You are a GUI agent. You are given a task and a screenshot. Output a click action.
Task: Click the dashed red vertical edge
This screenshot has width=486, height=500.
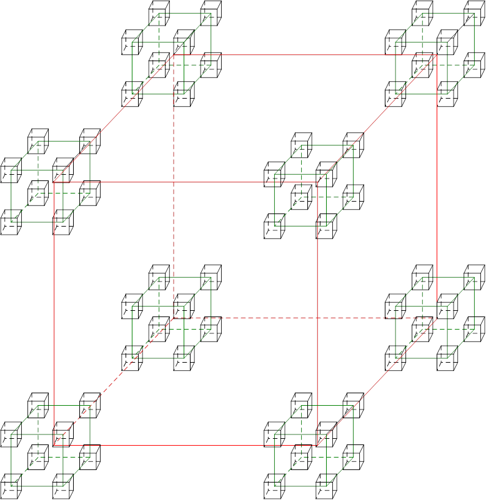pyautogui.click(x=174, y=187)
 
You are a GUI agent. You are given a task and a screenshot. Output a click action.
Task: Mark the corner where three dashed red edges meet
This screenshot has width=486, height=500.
pyautogui.click(x=174, y=318)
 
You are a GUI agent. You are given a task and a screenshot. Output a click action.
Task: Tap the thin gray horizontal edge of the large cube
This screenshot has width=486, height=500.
pyautogui.click(x=187, y=445)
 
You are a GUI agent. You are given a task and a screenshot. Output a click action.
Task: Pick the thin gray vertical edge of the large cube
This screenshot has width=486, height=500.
pyautogui.click(x=437, y=187)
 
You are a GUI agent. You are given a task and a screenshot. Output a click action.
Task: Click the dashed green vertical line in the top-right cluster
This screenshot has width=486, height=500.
pyautogui.click(x=423, y=37)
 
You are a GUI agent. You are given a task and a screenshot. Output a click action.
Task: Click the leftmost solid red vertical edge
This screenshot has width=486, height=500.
pyautogui.click(x=54, y=312)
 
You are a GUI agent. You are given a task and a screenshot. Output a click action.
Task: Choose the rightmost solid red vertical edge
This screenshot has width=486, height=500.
pyautogui.click(x=317, y=312)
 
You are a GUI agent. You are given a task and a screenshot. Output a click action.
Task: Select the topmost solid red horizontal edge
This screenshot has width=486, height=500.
pyautogui.click(x=306, y=55)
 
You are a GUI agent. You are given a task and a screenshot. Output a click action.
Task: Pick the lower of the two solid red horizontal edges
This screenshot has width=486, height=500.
pyautogui.click(x=187, y=182)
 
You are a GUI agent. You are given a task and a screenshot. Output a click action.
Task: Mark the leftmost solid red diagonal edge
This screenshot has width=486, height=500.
pyautogui.click(x=112, y=119)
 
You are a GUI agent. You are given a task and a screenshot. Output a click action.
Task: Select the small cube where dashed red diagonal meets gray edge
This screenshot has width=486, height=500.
pyautogui.click(x=63, y=432)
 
